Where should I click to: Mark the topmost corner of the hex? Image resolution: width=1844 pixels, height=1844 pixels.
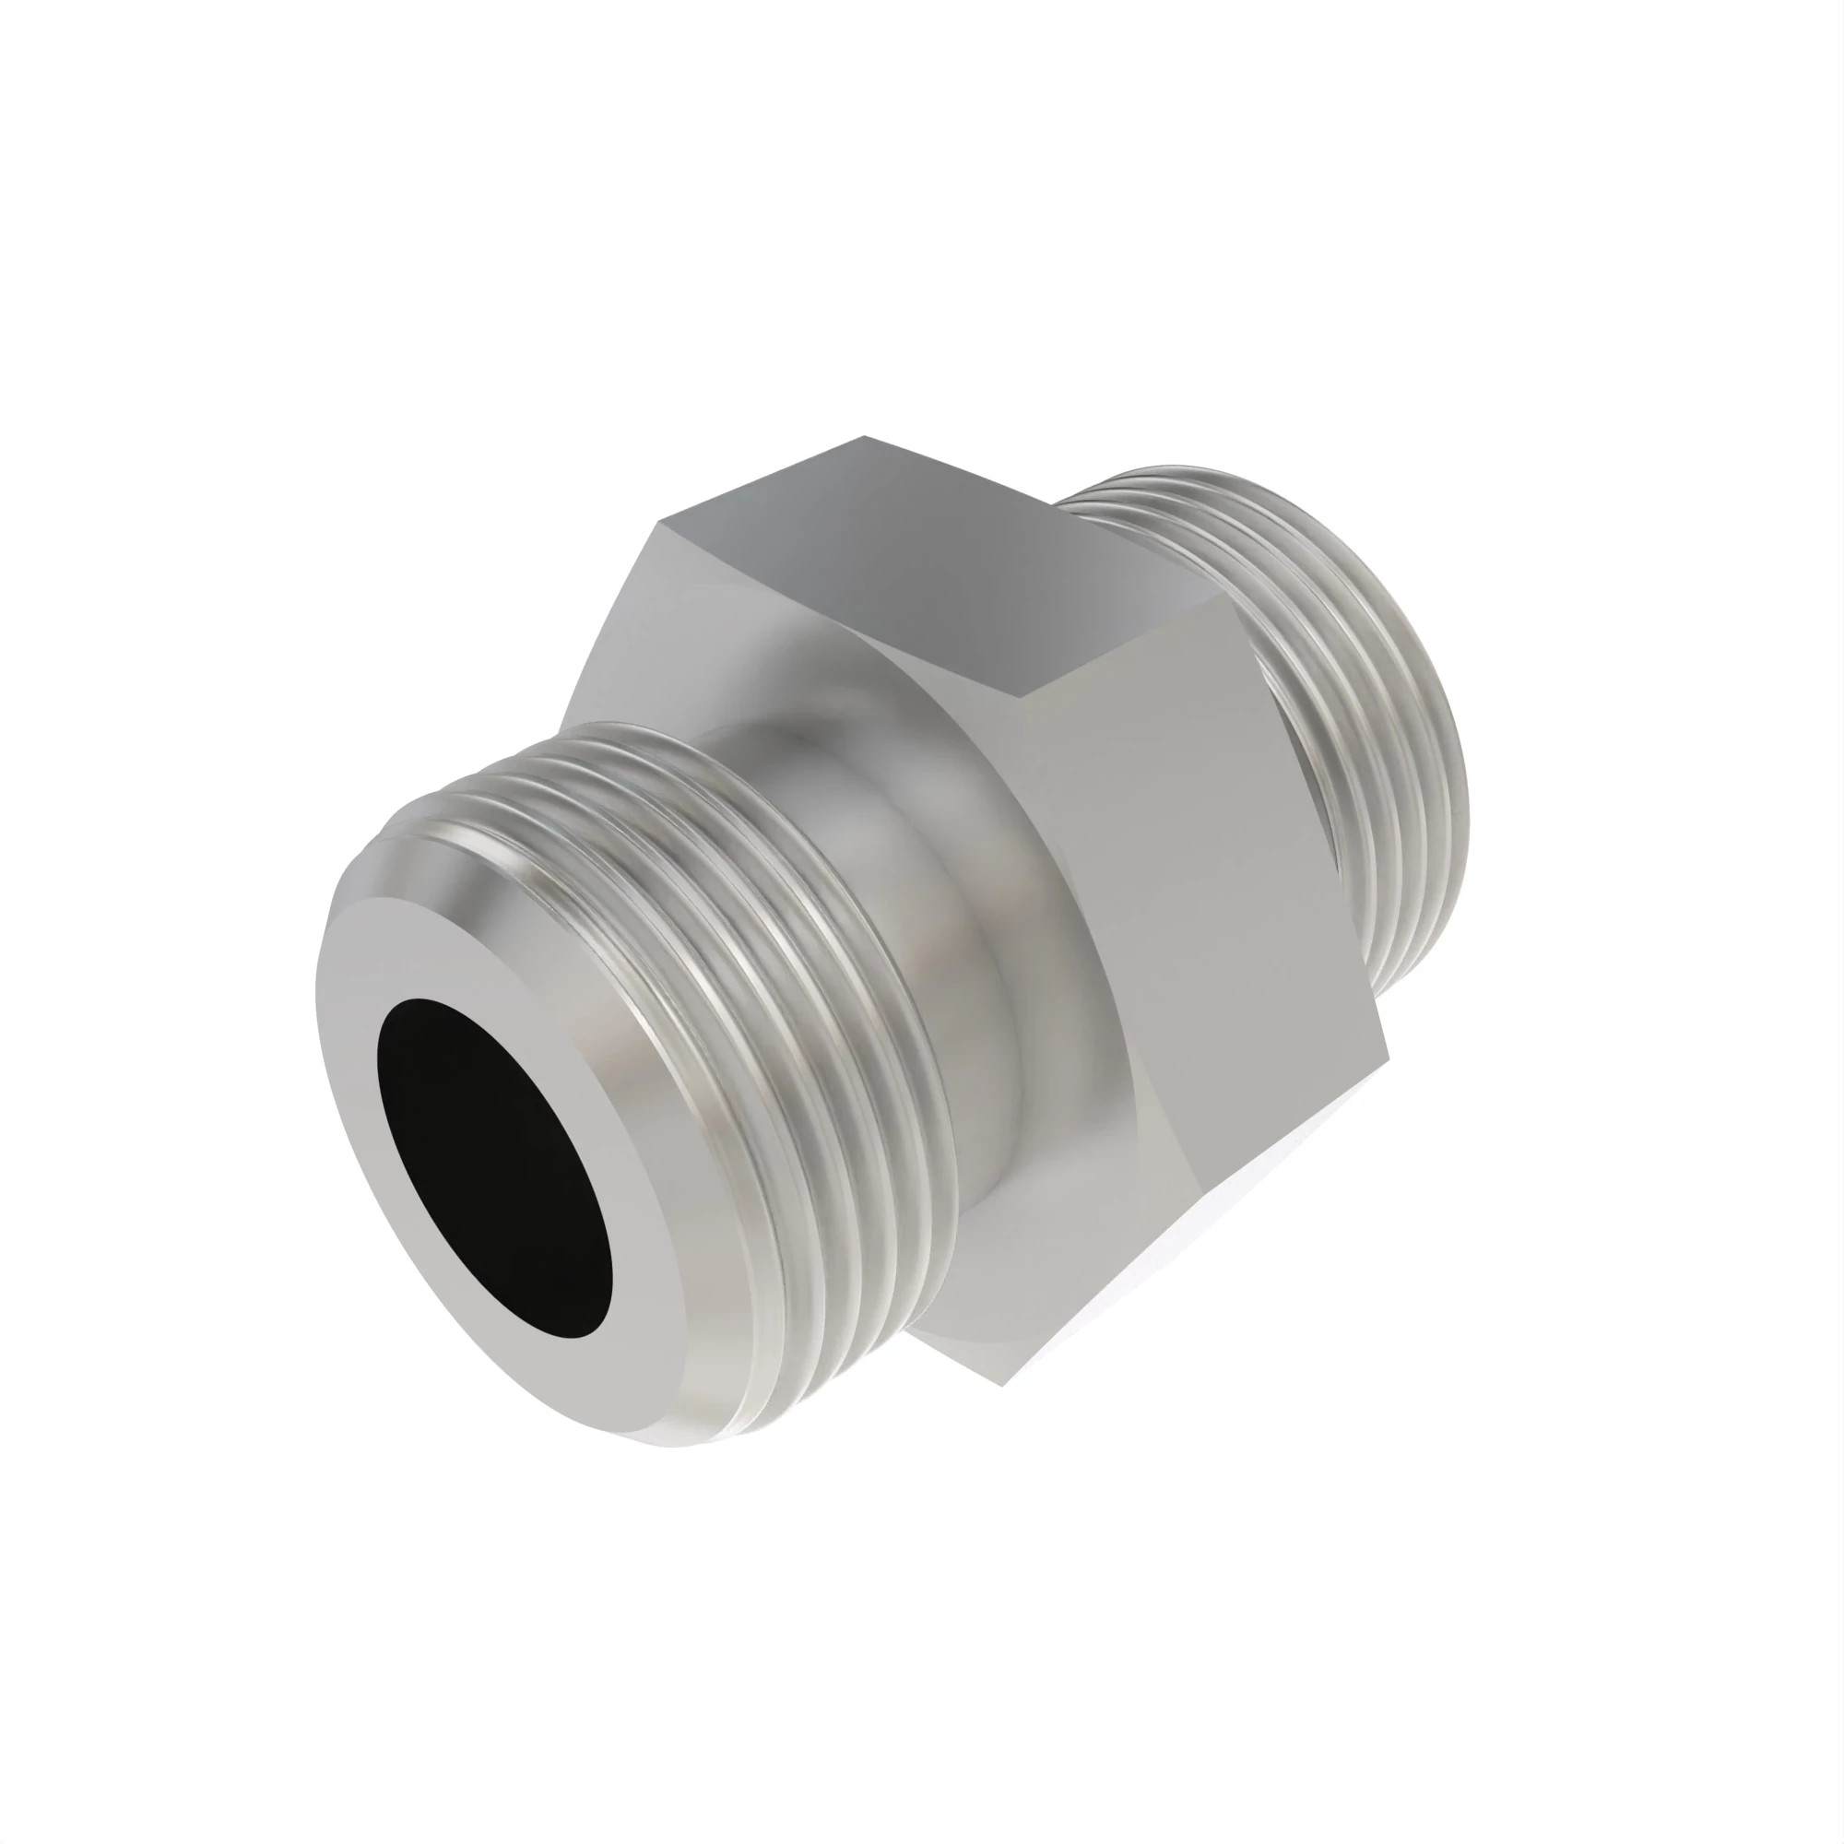865,436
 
